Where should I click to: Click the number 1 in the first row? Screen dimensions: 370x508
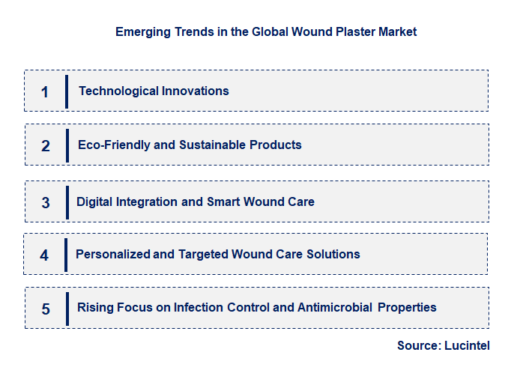pos(45,92)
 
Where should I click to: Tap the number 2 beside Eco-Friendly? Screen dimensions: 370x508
pos(45,146)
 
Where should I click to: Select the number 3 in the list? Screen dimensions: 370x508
pos(45,203)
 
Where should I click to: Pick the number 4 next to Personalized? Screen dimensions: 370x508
pos(44,255)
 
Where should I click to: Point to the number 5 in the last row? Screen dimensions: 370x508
pos(45,309)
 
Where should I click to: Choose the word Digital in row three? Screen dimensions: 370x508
pos(94,201)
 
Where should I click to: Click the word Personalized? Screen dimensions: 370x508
pos(112,254)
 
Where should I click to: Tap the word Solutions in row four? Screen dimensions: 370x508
pos(333,254)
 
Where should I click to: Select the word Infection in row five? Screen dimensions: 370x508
pos(199,307)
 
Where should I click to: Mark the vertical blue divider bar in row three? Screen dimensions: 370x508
pos(67,202)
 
